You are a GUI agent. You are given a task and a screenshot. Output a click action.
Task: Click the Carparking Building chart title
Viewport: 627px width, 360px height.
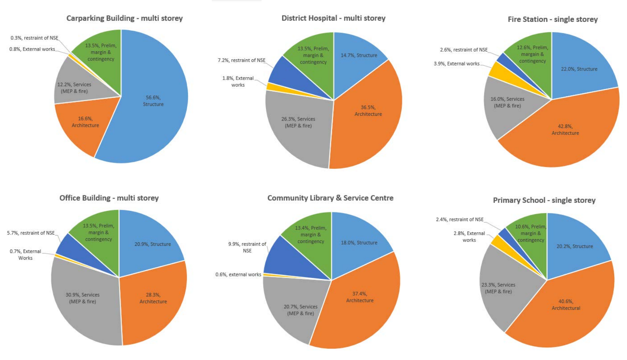click(x=124, y=18)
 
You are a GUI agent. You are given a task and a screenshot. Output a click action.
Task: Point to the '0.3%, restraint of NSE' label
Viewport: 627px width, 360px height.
click(x=34, y=38)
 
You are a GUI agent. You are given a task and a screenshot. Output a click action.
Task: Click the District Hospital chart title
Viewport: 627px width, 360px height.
click(x=333, y=18)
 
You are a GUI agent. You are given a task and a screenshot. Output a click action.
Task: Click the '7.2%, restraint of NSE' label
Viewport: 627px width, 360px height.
click(x=241, y=60)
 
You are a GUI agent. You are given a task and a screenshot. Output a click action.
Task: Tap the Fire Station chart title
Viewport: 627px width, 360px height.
click(x=553, y=19)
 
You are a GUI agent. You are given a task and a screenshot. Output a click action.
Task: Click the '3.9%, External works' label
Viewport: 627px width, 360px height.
click(x=457, y=64)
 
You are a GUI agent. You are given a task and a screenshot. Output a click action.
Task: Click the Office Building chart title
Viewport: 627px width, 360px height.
click(x=109, y=198)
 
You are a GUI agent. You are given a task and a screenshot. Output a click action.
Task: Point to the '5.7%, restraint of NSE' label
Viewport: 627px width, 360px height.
click(x=31, y=233)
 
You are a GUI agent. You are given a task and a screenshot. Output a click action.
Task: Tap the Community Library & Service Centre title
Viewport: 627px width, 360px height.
click(x=330, y=198)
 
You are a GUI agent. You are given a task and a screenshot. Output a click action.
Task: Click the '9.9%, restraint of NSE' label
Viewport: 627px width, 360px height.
click(x=247, y=247)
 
